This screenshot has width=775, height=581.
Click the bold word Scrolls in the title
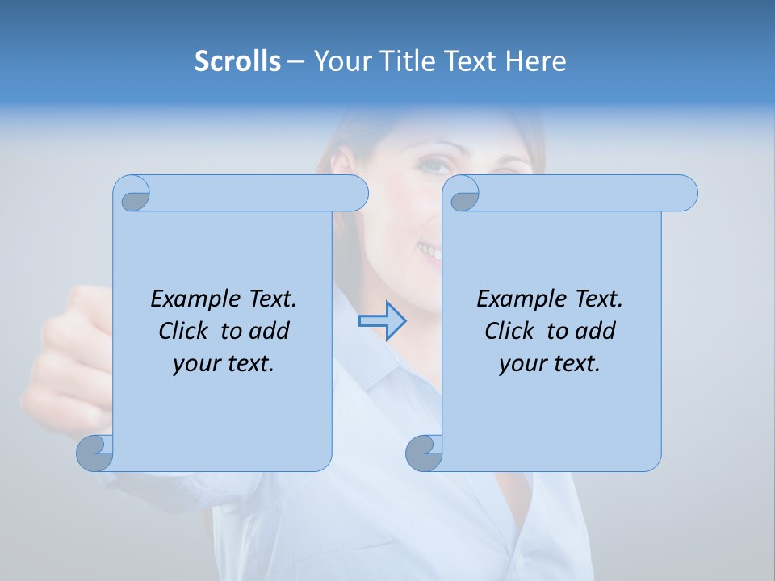coord(237,61)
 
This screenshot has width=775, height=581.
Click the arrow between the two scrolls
coord(382,321)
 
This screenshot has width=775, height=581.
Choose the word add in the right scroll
coord(597,332)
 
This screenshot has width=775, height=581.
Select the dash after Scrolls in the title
coord(295,61)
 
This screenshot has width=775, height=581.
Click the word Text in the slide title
coord(471,61)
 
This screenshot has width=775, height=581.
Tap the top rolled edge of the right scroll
coord(581,193)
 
